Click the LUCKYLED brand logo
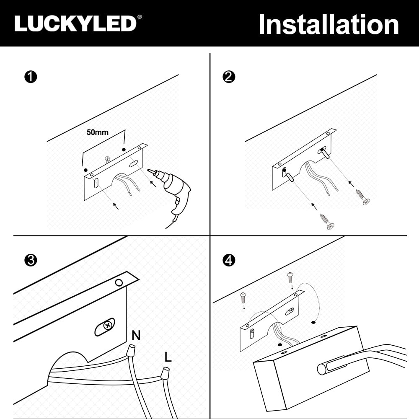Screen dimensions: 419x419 point(75,23)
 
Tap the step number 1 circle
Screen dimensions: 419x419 point(31,78)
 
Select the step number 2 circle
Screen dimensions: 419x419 point(229,78)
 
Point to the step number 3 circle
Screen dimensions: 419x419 point(31,260)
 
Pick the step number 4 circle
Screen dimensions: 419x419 point(229,260)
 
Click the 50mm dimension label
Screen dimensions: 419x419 point(97,132)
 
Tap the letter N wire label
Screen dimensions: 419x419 point(136,335)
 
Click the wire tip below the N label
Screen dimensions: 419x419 point(131,349)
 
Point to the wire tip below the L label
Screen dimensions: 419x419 point(165,372)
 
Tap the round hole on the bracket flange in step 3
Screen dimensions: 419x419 point(119,283)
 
